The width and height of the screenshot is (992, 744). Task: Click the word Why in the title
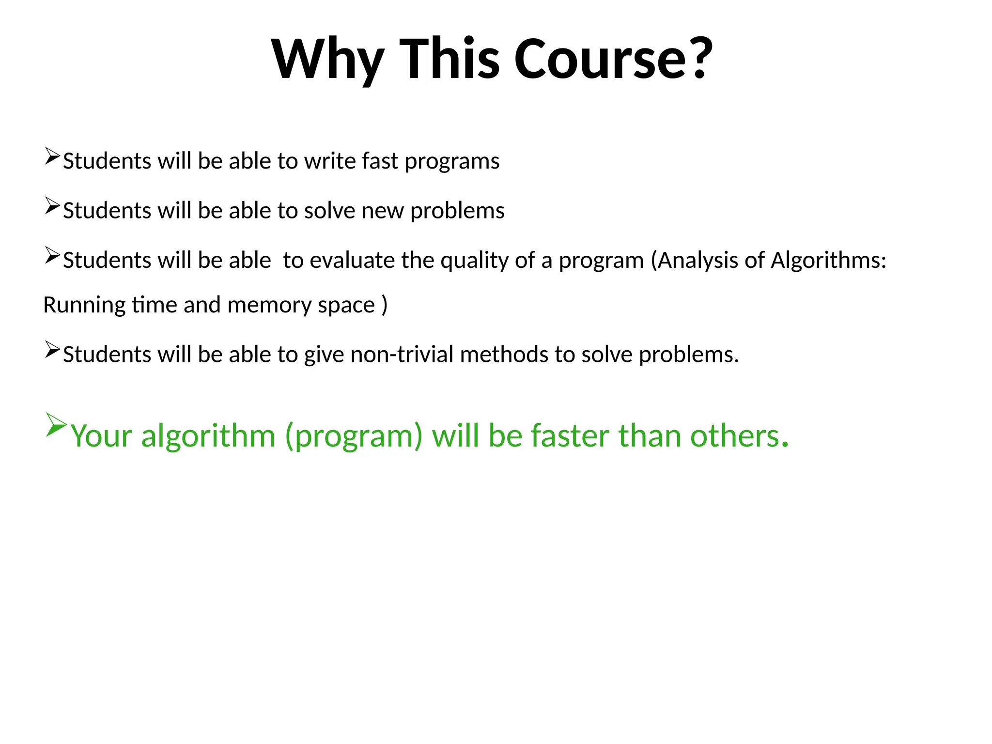328,59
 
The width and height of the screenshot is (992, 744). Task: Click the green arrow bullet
56,425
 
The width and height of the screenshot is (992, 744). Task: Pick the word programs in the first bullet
452,162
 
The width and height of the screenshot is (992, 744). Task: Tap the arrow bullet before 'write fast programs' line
52,156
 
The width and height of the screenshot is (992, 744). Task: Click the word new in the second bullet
383,211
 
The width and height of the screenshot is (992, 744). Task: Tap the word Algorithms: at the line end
828,261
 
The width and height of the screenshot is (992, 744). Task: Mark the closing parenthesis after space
385,305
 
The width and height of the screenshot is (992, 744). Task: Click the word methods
504,355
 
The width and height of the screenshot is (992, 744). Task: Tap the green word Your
101,435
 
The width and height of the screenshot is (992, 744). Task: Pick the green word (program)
354,436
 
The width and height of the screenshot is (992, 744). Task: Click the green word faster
570,435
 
